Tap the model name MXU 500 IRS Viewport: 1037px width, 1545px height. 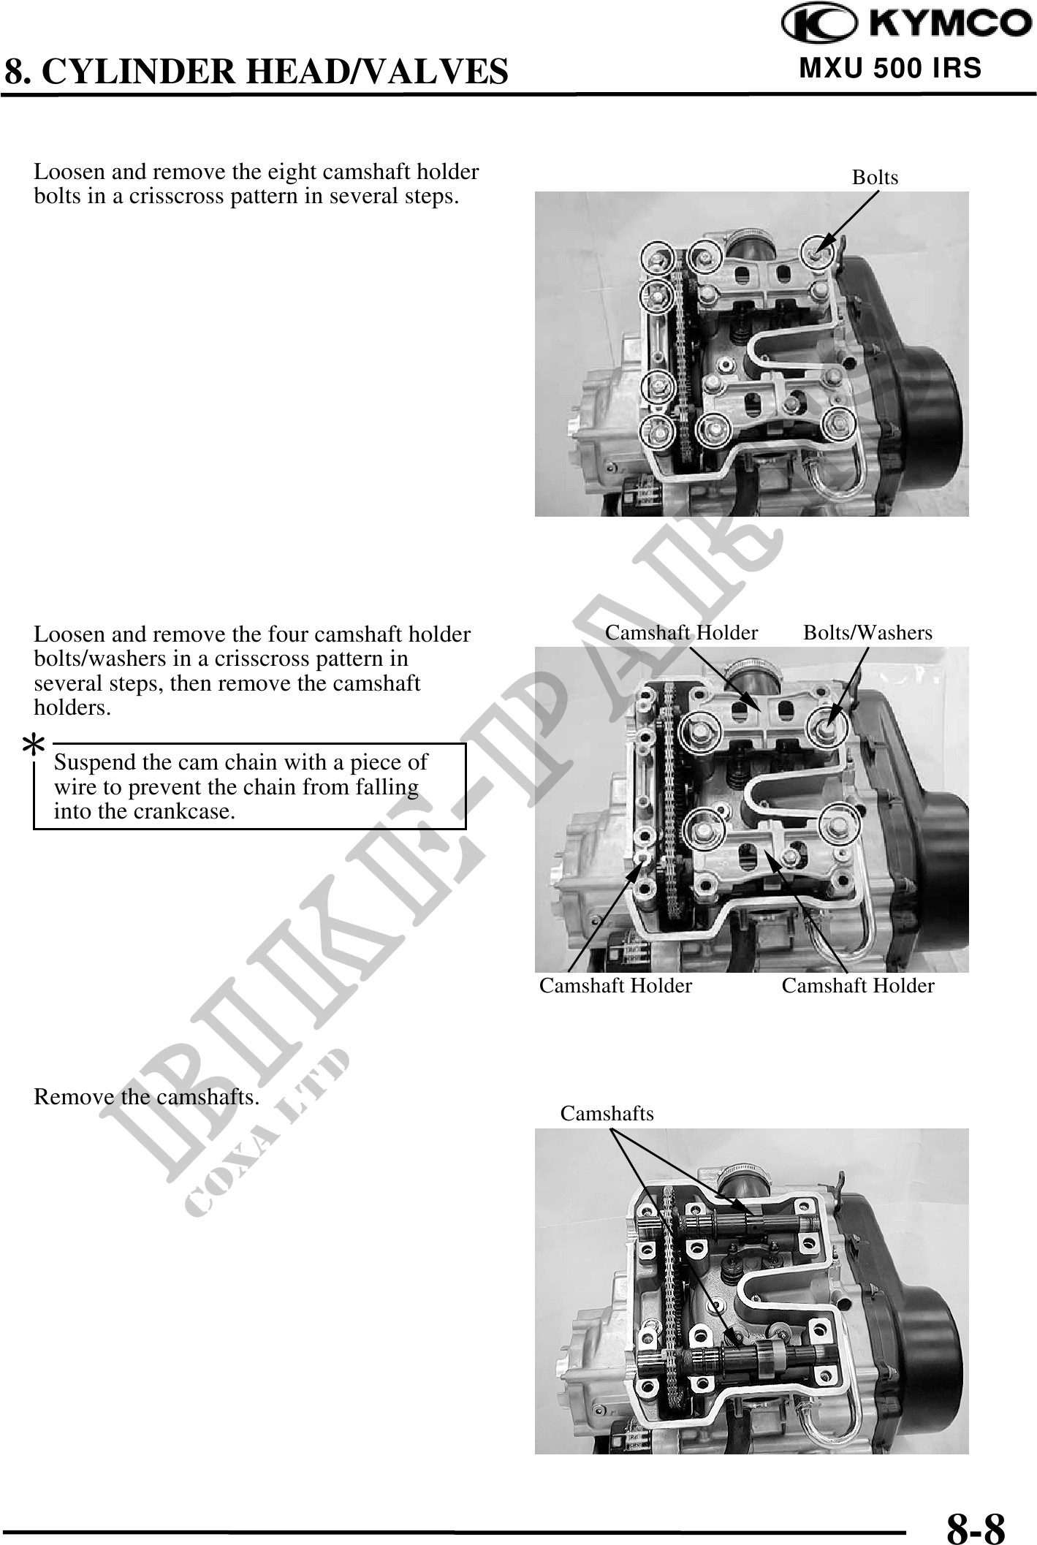click(x=890, y=68)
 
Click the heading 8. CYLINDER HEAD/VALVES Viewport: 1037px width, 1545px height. click(x=257, y=72)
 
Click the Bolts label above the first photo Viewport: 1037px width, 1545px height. click(x=875, y=178)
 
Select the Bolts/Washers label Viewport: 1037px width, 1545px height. click(x=867, y=633)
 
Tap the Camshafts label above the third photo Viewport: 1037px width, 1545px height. click(x=607, y=1113)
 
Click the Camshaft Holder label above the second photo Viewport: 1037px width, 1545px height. click(x=681, y=633)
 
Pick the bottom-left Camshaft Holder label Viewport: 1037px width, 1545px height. click(x=615, y=986)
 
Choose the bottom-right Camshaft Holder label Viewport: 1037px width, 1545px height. click(x=858, y=986)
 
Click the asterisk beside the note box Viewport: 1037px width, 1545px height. click(x=33, y=746)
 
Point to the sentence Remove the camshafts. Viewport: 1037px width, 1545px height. click(x=147, y=1097)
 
